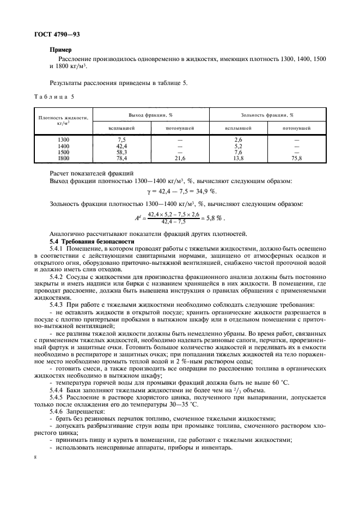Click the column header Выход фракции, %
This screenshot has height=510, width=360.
click(150, 115)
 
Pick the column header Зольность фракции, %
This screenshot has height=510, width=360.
click(267, 115)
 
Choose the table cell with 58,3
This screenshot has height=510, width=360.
click(121, 152)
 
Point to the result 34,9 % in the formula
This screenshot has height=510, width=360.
click(206, 191)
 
